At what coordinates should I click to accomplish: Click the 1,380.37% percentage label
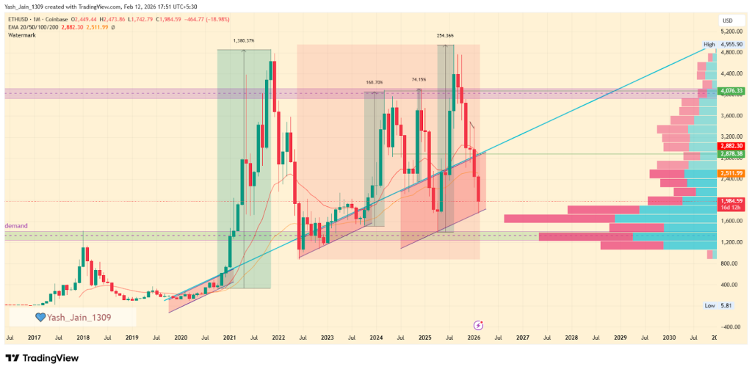[243, 41]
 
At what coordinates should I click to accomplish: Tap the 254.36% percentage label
[445, 35]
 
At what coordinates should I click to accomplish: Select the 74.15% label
[419, 79]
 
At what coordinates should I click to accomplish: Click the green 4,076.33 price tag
[731, 92]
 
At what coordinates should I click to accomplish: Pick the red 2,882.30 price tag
[731, 146]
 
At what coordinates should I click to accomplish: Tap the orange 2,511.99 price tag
[731, 173]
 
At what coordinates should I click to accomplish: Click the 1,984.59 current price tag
[731, 200]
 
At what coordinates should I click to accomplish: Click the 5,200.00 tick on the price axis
[731, 32]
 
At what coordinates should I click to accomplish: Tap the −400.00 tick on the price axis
[731, 327]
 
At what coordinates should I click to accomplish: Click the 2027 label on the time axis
[522, 338]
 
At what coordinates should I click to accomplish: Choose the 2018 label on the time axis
[83, 338]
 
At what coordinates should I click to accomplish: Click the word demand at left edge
[16, 225]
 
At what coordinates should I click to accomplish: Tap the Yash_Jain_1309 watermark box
[72, 317]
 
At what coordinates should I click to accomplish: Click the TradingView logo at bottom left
[42, 358]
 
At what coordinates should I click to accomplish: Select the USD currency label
[728, 20]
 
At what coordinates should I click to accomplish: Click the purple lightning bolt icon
[478, 324]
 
